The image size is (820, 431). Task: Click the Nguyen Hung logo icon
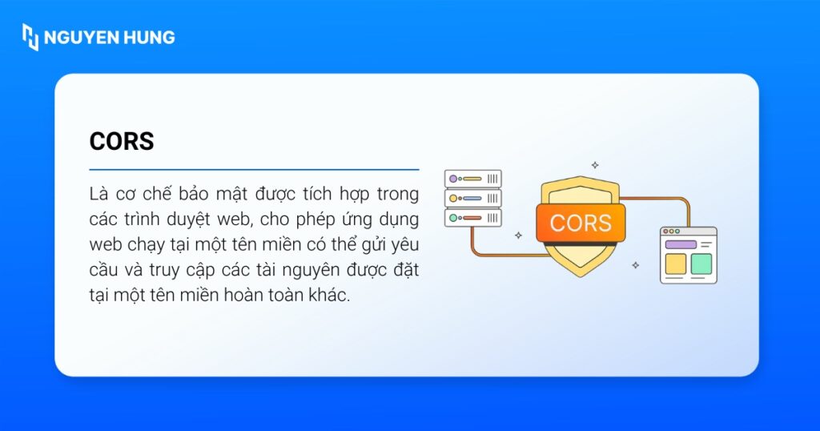30,37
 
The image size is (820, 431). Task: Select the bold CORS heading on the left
122,141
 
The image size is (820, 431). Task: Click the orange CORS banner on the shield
581,222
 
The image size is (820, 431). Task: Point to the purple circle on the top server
453,179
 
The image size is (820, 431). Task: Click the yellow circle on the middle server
453,198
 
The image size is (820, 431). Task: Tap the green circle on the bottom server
453,217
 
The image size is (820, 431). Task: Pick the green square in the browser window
701,263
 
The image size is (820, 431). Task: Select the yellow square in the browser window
676,263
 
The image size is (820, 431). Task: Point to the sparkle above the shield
594,165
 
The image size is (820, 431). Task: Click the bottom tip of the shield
580,275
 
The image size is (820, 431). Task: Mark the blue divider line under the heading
254,170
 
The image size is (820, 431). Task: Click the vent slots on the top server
492,179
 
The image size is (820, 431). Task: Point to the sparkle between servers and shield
518,236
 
